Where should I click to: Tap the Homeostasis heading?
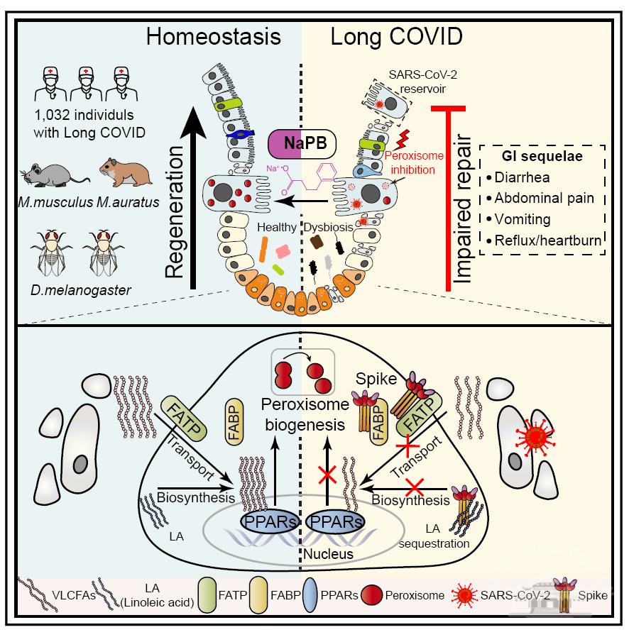tap(214, 37)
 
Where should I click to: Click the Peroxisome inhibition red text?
tap(410, 163)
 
